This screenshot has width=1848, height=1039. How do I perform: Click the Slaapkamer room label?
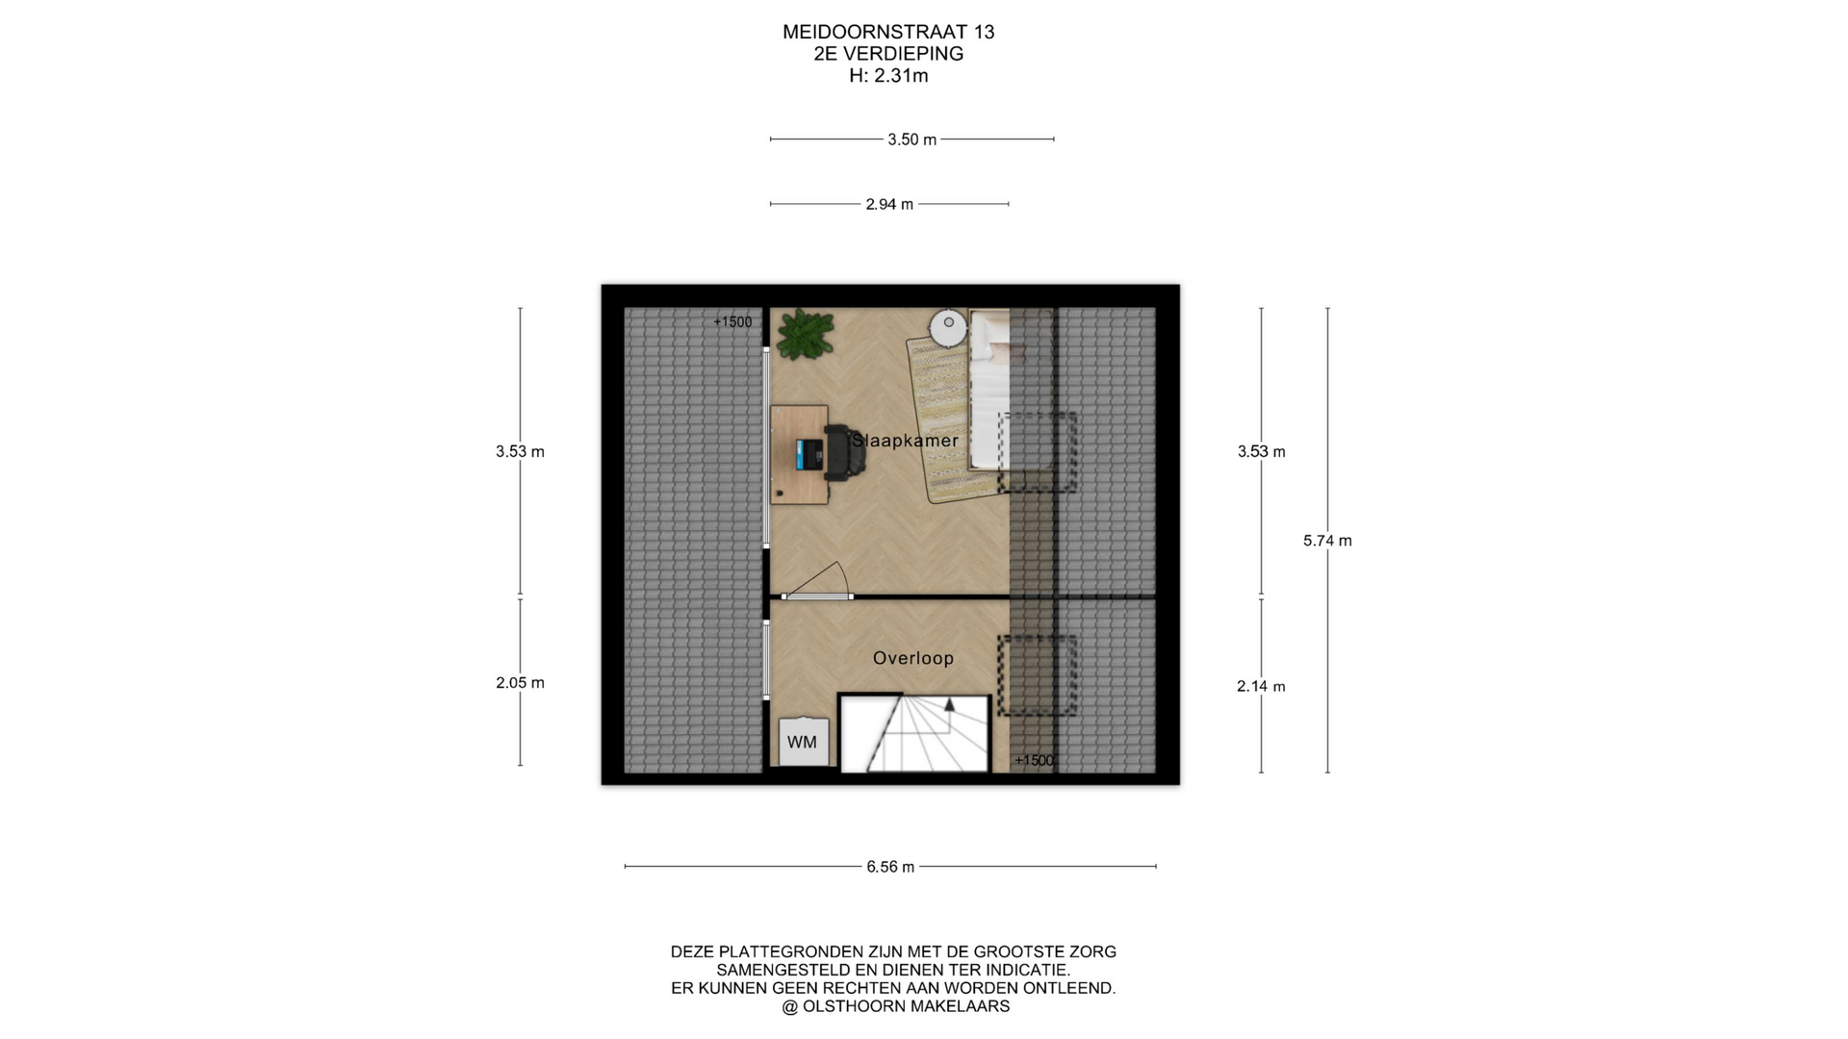coord(905,441)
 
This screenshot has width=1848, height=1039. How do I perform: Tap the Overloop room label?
coord(913,658)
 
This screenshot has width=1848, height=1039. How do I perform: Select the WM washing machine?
coord(803,742)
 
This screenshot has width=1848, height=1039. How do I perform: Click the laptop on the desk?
coord(809,455)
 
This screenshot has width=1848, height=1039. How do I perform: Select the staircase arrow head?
coord(950,703)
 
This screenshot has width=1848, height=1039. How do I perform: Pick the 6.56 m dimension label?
coord(890,867)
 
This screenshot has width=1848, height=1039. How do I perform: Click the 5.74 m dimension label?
coord(1327,541)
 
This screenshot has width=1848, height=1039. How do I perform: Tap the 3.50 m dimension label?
coord(911,139)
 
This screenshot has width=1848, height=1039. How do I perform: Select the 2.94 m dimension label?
coord(889,204)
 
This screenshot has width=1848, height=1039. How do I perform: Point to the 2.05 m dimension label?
coord(520,683)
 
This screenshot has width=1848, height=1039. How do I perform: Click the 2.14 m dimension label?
coord(1261,687)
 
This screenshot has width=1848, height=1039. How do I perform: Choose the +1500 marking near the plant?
coord(732,322)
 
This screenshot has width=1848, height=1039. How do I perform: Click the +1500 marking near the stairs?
coord(1034,761)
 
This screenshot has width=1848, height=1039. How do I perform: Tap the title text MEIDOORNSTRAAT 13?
coord(888,32)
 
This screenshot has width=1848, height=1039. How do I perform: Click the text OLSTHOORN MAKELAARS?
coord(906,1006)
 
